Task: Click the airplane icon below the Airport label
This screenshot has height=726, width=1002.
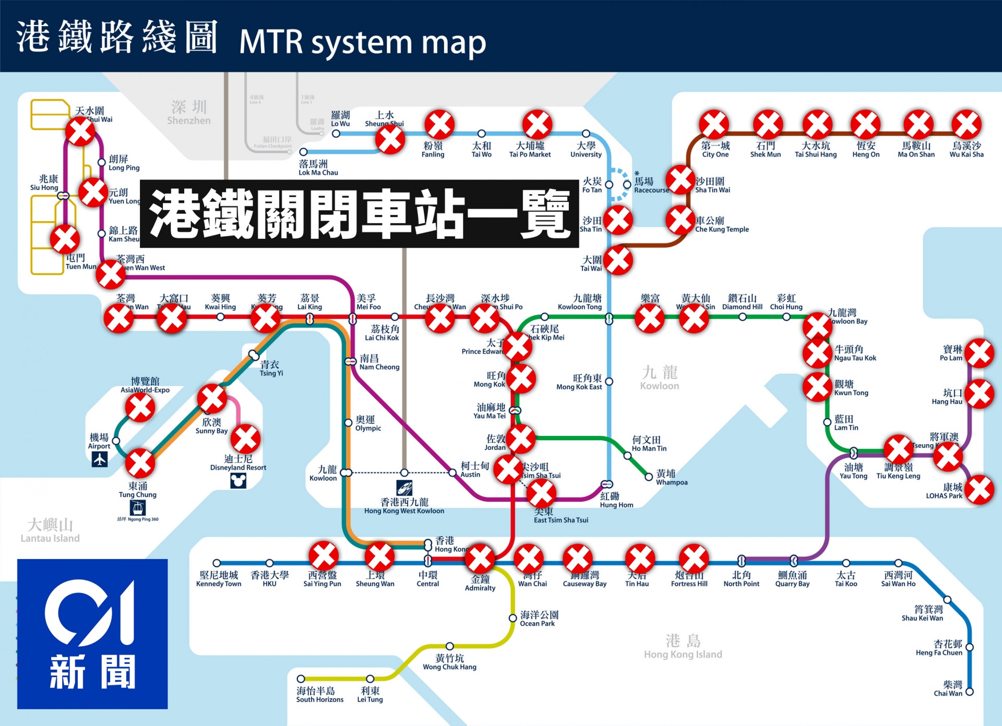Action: [99, 459]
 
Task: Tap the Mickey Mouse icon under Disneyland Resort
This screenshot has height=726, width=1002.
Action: [238, 480]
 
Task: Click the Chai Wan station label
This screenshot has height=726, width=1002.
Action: [948, 688]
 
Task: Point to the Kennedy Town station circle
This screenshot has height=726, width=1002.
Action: [217, 563]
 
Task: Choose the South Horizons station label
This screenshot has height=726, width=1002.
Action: [319, 695]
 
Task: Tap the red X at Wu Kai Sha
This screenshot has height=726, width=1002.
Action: [967, 125]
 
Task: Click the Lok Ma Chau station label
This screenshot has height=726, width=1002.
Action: [318, 168]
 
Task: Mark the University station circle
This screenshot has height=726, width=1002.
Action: [586, 134]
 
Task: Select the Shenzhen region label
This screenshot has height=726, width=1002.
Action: [188, 113]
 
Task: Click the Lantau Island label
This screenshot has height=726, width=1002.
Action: [50, 530]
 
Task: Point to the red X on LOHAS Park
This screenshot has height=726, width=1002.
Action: [980, 490]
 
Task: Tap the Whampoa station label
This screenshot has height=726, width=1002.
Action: [671, 478]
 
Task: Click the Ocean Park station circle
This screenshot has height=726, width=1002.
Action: [513, 618]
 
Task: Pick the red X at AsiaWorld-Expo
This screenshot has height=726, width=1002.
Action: [140, 407]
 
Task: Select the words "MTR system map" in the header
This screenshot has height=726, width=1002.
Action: [362, 42]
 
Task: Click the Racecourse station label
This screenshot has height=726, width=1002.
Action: [651, 185]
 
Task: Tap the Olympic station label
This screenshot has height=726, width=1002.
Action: [368, 423]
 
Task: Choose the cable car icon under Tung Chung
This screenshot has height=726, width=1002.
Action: [138, 507]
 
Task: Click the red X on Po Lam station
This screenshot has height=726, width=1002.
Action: [980, 353]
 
